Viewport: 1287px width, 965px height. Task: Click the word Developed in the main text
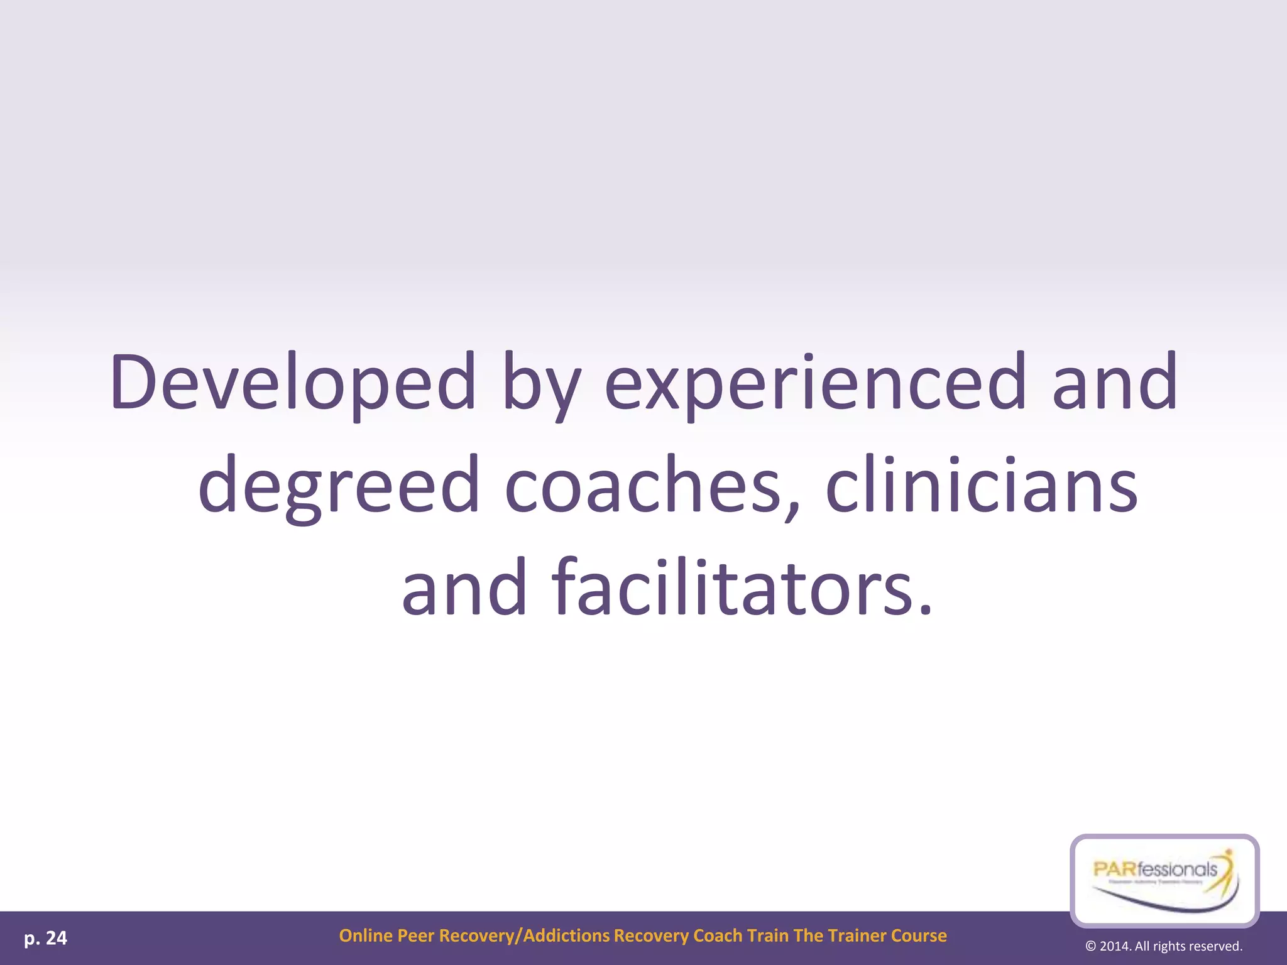pyautogui.click(x=292, y=383)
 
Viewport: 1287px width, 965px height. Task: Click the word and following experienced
pyautogui.click(x=1114, y=383)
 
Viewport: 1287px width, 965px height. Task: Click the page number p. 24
pyautogui.click(x=45, y=938)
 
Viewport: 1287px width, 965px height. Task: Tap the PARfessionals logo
pyautogui.click(x=1164, y=880)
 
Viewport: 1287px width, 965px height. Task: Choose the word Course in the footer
pyautogui.click(x=919, y=935)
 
